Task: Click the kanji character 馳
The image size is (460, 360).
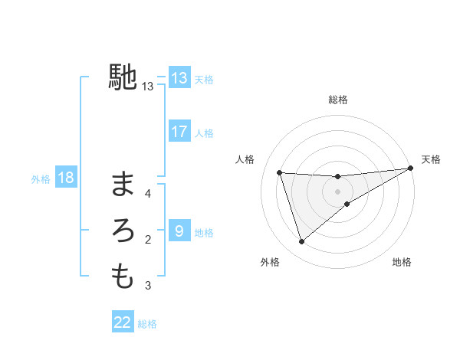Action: tap(123, 77)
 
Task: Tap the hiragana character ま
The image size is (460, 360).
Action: tap(123, 184)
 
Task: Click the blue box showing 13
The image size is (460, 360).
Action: tap(179, 78)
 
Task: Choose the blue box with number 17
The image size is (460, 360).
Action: tap(179, 132)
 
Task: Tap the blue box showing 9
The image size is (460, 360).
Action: tap(179, 231)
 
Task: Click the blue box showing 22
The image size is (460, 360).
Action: tap(123, 322)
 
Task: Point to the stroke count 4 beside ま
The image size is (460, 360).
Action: tap(149, 193)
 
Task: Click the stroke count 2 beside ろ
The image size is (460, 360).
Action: tap(149, 240)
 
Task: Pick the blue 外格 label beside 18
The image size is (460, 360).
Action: tap(41, 179)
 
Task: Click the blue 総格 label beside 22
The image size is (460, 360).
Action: tap(147, 323)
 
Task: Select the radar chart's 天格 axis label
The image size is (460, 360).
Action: tap(431, 159)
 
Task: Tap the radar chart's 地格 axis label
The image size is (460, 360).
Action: tap(402, 262)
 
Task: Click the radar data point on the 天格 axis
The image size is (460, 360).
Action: tap(410, 169)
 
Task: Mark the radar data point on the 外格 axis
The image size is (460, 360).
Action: tap(301, 241)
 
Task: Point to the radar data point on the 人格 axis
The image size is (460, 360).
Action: tap(280, 172)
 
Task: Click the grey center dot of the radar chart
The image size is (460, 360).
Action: tap(337, 191)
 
